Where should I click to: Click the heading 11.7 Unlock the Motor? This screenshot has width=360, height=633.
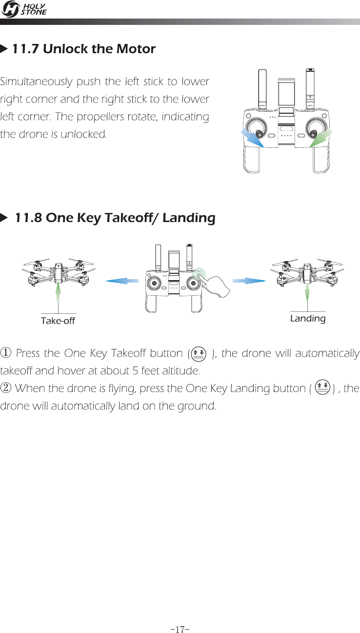pyautogui.click(x=83, y=49)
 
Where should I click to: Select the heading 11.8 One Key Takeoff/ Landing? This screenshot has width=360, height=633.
pyautogui.click(x=115, y=218)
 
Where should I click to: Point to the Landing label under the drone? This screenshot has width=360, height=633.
pyautogui.click(x=307, y=318)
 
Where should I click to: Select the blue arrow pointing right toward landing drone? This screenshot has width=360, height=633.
pyautogui.click(x=249, y=281)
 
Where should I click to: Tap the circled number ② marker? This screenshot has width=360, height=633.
pyautogui.click(x=5, y=374)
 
